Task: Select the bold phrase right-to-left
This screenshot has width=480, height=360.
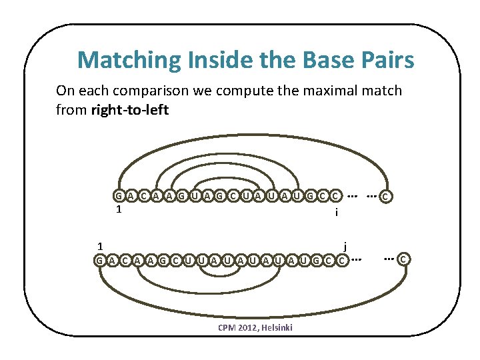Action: pyautogui.click(x=129, y=109)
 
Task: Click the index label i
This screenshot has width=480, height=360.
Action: pyautogui.click(x=337, y=213)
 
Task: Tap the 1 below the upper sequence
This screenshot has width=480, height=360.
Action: pyautogui.click(x=118, y=209)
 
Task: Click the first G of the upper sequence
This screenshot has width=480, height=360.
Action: pyautogui.click(x=118, y=196)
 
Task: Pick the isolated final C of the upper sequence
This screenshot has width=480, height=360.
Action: pyautogui.click(x=385, y=197)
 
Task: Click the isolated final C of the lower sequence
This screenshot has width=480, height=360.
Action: pyautogui.click(x=404, y=258)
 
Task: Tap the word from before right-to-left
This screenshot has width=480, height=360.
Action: pyautogui.click(x=71, y=109)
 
